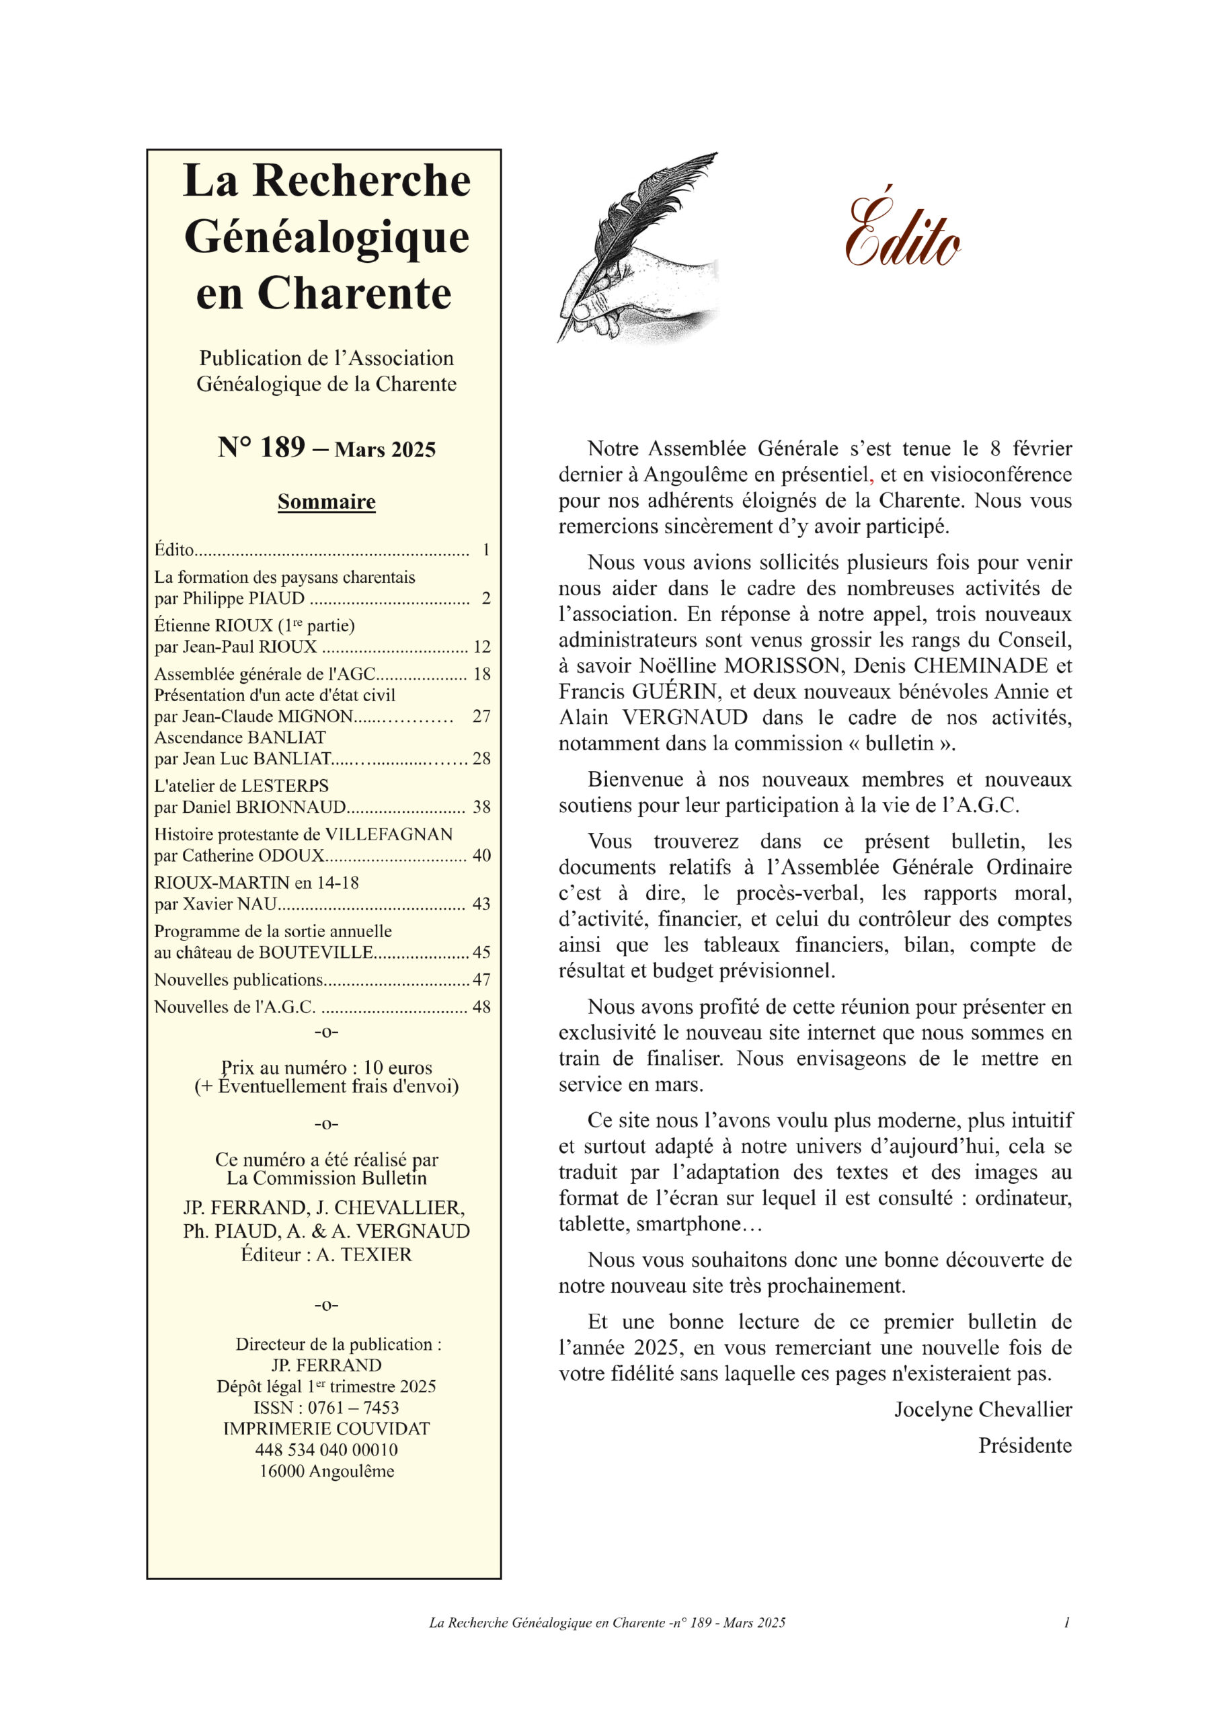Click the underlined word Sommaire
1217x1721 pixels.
[326, 502]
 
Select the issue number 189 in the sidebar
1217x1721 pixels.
[282, 448]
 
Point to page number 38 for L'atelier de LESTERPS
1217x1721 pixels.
[481, 807]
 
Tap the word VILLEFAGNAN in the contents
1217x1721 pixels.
[389, 834]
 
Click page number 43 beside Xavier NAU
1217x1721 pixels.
[481, 904]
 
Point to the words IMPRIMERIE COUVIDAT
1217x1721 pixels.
[326, 1429]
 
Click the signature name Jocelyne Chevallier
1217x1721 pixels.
[982, 1409]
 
